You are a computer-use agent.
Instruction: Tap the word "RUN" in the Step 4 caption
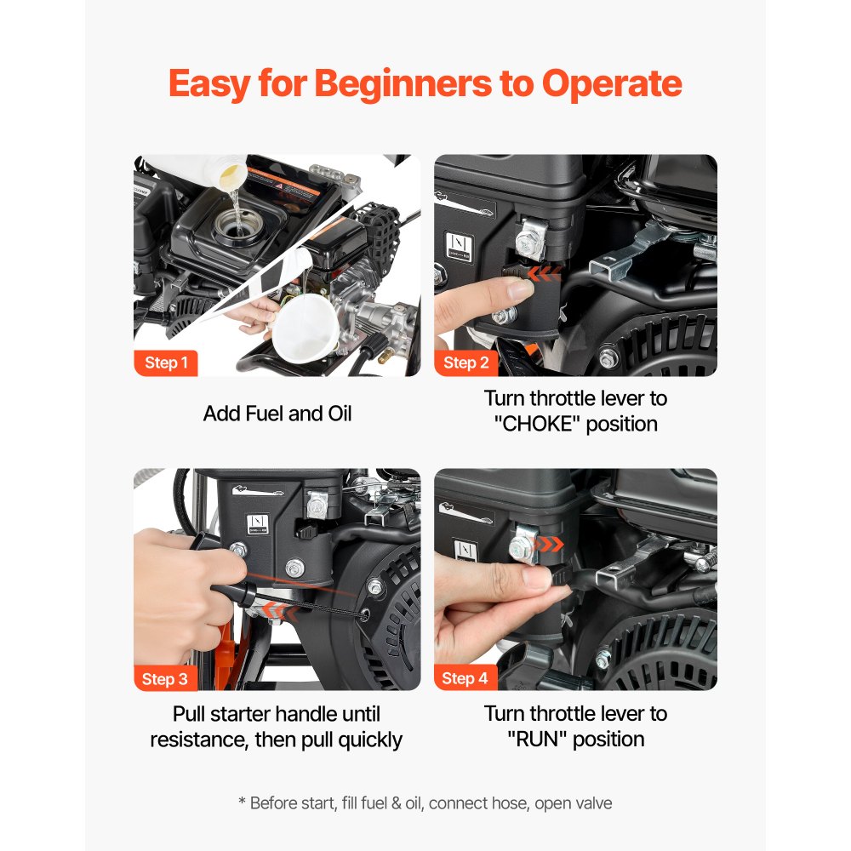(537, 739)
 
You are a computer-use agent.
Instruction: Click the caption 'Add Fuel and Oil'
(277, 414)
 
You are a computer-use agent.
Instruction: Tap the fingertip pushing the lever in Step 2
(515, 289)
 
